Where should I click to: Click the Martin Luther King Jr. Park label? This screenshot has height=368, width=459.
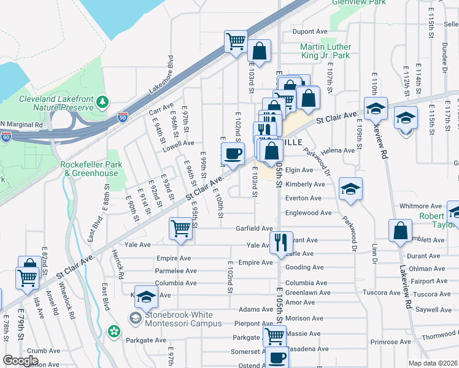(325, 51)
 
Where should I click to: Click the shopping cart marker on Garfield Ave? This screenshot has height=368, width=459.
(181, 228)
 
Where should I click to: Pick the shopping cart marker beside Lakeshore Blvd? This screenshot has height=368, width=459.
(236, 41)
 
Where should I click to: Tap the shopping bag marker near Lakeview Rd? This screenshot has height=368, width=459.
(400, 231)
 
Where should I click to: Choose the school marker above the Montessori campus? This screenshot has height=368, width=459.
(146, 297)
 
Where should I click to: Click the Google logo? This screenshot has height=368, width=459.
(20, 361)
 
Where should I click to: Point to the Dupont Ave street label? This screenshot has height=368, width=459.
(310, 31)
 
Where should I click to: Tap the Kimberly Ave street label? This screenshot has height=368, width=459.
(305, 184)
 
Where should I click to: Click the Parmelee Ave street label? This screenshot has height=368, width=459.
(175, 270)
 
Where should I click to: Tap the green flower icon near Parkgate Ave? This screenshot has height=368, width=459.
(114, 332)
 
